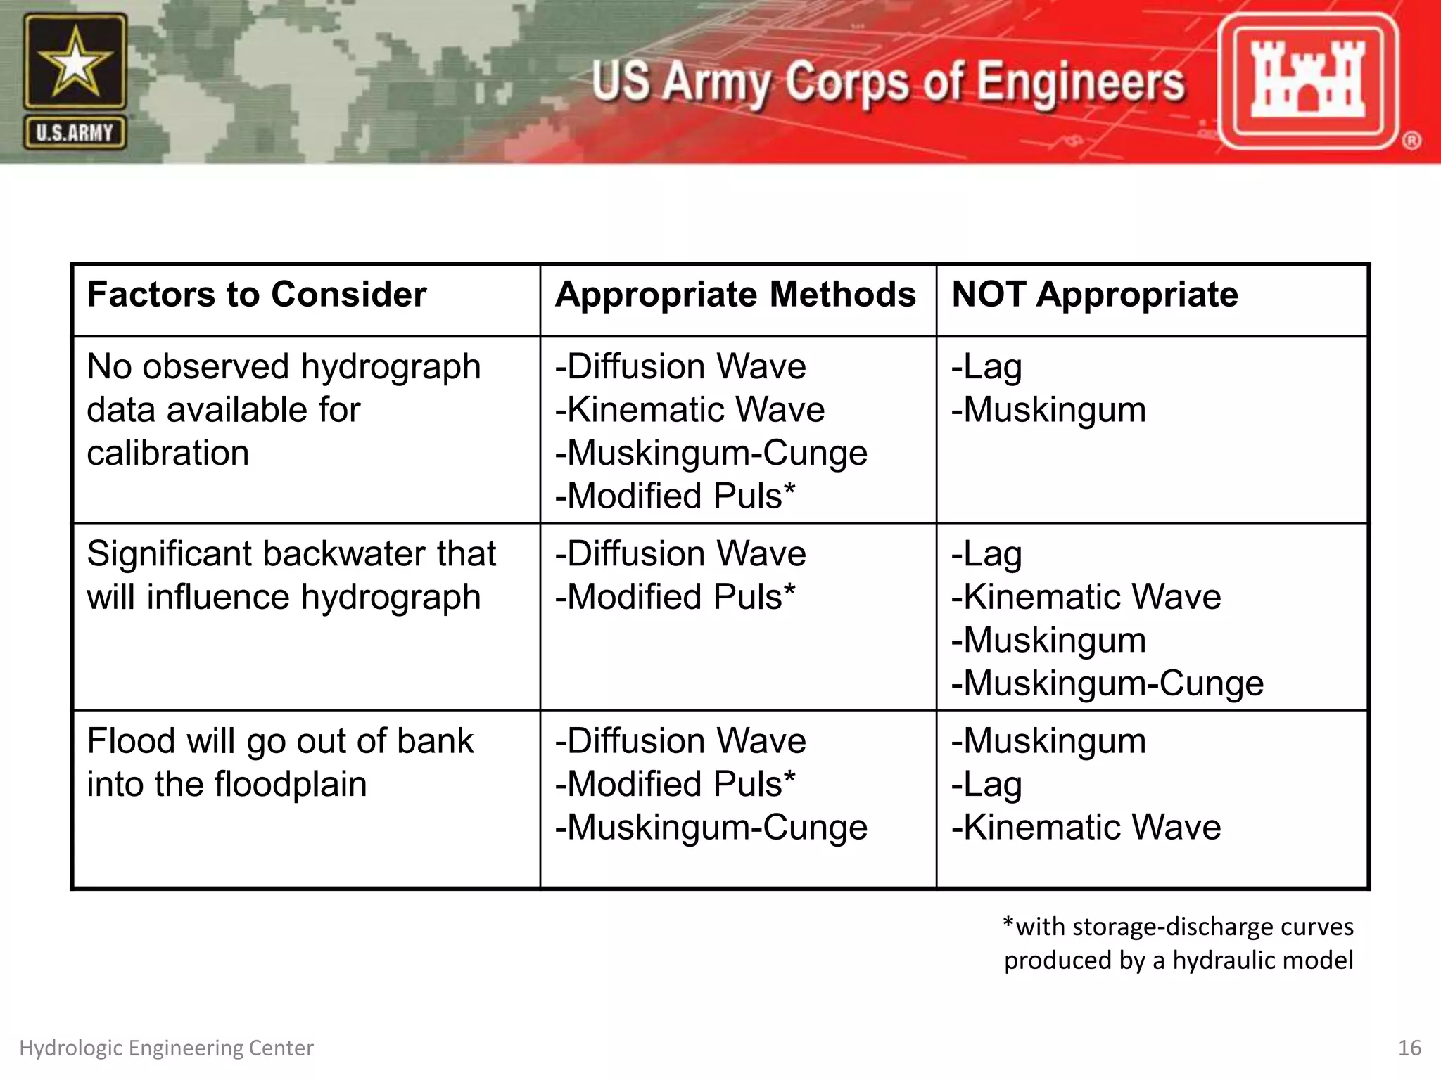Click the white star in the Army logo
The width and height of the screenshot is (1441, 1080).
[75, 65]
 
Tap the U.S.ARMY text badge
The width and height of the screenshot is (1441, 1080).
[75, 133]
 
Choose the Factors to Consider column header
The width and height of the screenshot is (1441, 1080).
[256, 294]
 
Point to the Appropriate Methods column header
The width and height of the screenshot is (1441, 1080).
[735, 294]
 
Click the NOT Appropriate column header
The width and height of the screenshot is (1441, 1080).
[1094, 294]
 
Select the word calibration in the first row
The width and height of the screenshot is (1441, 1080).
[167, 453]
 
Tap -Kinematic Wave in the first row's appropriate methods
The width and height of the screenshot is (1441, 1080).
[690, 409]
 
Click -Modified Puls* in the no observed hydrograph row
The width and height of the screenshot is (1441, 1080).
[675, 496]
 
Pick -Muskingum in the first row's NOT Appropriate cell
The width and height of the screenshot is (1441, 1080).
[1048, 409]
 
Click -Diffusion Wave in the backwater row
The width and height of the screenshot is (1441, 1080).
[680, 553]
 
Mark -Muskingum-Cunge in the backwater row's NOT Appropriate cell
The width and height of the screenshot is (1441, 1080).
[1107, 683]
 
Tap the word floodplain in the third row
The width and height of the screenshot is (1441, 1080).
[291, 784]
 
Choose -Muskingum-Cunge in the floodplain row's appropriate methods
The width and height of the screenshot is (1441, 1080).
[711, 828]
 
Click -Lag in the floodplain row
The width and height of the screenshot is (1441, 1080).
[986, 784]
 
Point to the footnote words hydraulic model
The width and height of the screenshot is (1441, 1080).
[1262, 960]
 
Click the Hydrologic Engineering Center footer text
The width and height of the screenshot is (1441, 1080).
[166, 1048]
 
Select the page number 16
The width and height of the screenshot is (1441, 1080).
[1409, 1048]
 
